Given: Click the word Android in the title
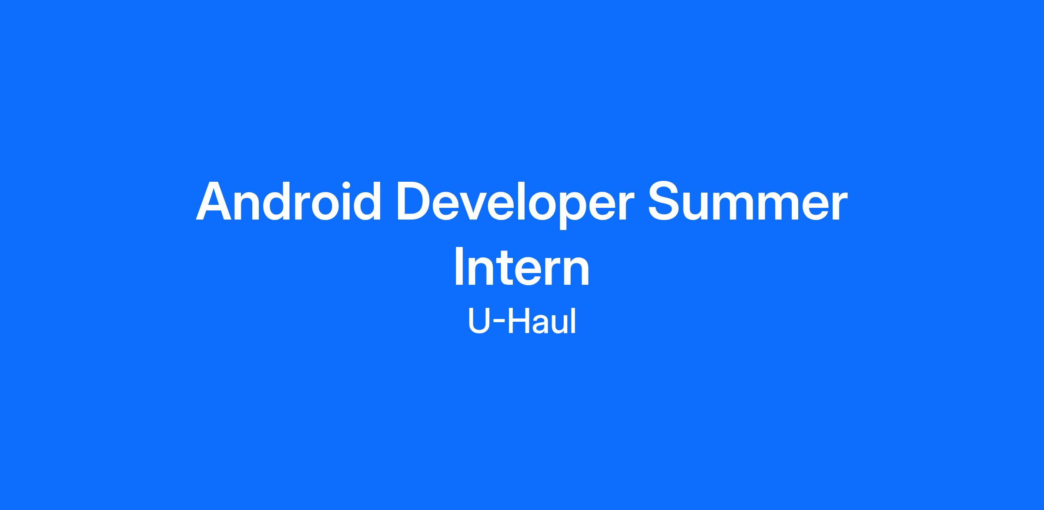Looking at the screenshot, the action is pos(288,201).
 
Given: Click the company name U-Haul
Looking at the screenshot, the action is pos(522,321).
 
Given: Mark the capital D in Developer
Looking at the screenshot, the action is pos(415,201).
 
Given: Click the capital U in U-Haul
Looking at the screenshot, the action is pos(478,321).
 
